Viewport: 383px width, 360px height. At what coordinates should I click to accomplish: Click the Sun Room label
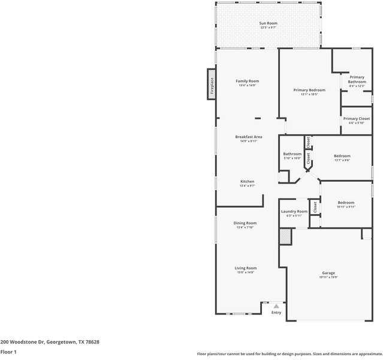(x=269, y=23)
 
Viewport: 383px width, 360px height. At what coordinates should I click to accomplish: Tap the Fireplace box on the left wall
(x=212, y=83)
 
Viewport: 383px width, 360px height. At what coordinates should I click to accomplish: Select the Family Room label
(x=247, y=81)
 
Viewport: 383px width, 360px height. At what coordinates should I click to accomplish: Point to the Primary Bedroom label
(x=309, y=90)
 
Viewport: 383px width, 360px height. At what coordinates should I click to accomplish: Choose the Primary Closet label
(x=357, y=119)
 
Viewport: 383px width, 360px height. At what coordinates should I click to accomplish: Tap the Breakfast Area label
(x=248, y=137)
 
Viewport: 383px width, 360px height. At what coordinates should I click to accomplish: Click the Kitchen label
(x=248, y=181)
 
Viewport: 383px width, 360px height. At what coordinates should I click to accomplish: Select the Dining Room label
(x=245, y=223)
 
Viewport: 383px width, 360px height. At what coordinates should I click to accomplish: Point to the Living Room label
(x=245, y=268)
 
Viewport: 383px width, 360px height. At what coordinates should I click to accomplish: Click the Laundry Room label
(x=294, y=211)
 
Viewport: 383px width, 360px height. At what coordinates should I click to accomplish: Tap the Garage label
(x=328, y=273)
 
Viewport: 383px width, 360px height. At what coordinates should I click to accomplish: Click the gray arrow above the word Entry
(x=276, y=306)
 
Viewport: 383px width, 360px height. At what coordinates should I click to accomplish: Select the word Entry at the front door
(x=276, y=313)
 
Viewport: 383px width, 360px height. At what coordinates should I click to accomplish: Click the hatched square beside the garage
(x=285, y=236)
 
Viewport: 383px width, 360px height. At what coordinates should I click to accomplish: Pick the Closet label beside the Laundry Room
(x=315, y=208)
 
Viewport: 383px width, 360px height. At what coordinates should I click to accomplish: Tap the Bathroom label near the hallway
(x=292, y=154)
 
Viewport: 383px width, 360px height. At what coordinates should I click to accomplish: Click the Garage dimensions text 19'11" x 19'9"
(x=328, y=277)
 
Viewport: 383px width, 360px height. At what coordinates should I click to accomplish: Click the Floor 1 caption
(x=8, y=352)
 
